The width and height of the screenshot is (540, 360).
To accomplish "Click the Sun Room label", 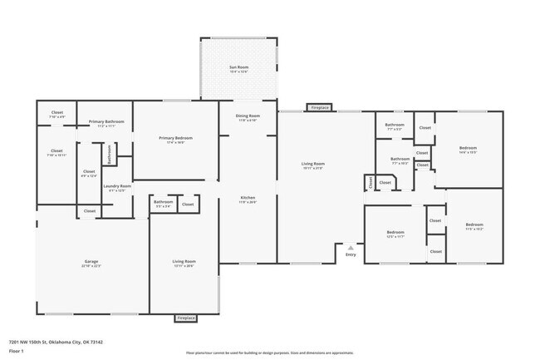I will point(238,67).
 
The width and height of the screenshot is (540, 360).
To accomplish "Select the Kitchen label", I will point(248,198).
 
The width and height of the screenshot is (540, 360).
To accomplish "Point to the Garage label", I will point(91,262).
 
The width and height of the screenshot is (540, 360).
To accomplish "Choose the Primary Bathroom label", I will point(106,122).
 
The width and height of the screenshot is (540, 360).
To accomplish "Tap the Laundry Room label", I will point(117,186).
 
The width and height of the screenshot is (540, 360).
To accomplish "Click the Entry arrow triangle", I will point(351,247).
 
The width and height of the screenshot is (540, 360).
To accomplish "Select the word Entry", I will point(351,254).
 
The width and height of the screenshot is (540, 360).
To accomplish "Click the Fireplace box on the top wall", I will point(319,107).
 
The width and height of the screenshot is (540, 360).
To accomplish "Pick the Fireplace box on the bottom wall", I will point(185,318).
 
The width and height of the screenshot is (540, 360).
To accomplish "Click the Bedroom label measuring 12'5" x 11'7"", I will point(395,232).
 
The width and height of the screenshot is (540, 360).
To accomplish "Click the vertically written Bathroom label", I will point(108,154).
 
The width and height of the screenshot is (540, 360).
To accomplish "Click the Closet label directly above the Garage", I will point(90,211).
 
